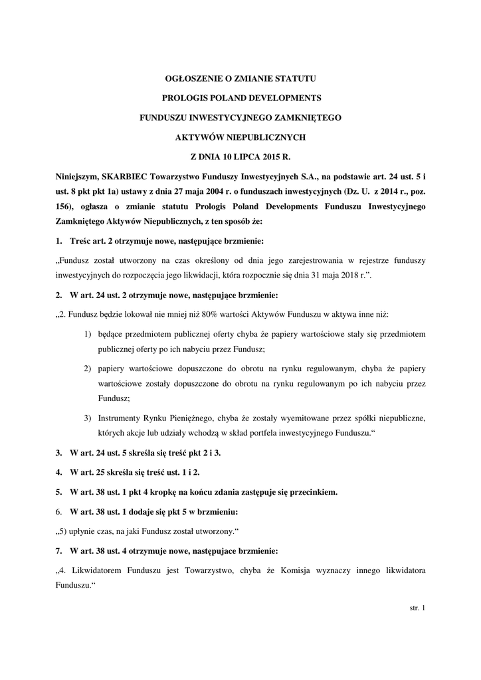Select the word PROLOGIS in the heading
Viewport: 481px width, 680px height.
coord(187,99)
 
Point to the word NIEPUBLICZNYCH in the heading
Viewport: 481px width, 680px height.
coord(272,137)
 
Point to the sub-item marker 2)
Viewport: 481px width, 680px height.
coord(88,368)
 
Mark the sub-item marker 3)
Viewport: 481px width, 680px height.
coord(88,418)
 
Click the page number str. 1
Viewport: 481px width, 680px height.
coord(418,608)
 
